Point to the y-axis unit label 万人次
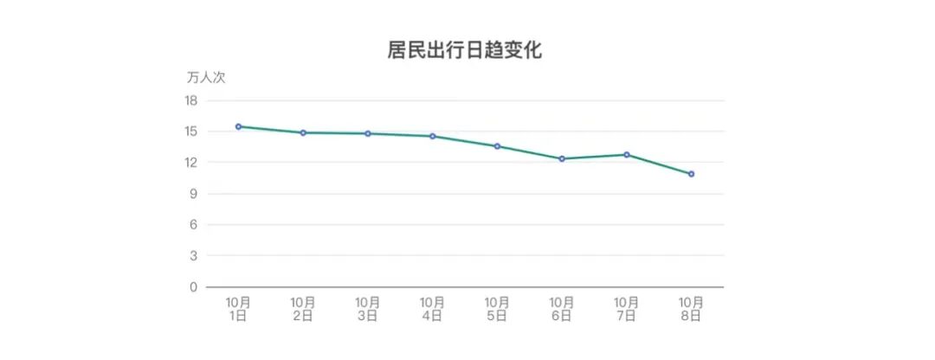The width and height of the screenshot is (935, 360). [x=206, y=77]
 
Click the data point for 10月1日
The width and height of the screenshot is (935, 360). [x=239, y=126]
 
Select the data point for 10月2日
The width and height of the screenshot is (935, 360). [x=303, y=132]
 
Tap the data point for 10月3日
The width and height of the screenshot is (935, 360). [x=368, y=133]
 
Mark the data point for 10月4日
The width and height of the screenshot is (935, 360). [x=433, y=136]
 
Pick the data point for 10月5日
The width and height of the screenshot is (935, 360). [x=497, y=146]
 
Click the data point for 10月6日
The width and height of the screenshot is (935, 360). [x=562, y=158]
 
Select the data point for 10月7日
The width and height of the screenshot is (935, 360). [x=627, y=154]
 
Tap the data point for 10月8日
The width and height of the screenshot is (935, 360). [x=691, y=174]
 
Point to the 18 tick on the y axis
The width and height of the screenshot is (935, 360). [x=190, y=100]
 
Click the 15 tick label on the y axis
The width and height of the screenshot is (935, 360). [x=190, y=132]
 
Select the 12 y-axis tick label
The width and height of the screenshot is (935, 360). [x=190, y=163]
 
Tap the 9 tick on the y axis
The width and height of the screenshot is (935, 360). [x=193, y=194]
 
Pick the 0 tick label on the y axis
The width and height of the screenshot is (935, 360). [x=193, y=287]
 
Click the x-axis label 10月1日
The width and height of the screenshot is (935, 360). [x=239, y=309]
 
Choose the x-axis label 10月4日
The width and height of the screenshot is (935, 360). [x=433, y=309]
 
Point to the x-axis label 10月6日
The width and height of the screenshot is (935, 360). [x=562, y=309]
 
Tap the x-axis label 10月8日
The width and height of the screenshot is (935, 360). [x=691, y=309]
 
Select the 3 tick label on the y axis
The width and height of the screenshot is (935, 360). [x=193, y=256]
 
